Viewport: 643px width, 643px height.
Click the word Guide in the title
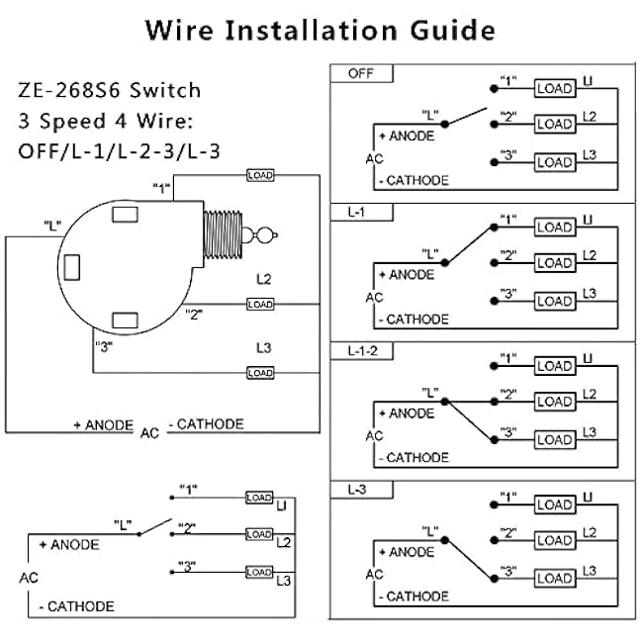453,31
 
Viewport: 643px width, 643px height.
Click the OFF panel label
360,74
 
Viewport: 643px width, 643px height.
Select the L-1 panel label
356,213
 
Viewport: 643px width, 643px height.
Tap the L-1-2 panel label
362,351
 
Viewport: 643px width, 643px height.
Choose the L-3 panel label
357,490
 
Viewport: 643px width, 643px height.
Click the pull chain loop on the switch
264,235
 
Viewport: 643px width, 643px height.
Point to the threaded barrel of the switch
223,234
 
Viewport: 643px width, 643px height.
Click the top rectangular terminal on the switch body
125,215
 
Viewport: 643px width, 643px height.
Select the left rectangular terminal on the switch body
72,267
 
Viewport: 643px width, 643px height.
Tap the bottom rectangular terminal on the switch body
125,321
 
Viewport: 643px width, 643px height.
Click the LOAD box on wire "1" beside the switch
260,175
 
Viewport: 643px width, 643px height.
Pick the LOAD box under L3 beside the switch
260,373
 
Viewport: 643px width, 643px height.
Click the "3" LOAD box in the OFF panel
555,162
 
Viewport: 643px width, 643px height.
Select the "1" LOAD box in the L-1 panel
555,228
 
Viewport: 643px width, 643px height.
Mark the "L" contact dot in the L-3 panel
445,540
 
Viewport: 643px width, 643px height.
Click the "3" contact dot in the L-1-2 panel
495,440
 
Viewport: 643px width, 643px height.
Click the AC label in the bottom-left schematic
29,578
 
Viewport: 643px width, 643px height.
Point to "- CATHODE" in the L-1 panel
413,320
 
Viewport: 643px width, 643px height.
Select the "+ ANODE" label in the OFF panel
407,136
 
